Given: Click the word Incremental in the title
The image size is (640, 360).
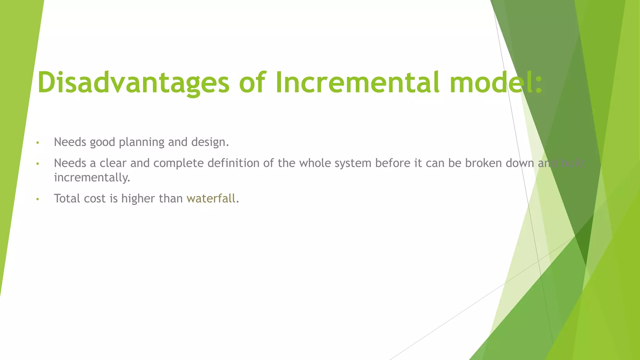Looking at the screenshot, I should click(x=357, y=82).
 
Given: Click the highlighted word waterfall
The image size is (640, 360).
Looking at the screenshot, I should click(x=211, y=198).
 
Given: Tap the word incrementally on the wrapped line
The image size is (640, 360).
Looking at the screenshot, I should click(x=92, y=177).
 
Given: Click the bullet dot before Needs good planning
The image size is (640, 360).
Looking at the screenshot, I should click(x=37, y=143).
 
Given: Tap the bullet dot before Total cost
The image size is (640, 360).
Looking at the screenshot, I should click(x=37, y=199).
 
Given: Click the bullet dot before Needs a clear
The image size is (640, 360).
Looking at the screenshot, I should click(x=37, y=164).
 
